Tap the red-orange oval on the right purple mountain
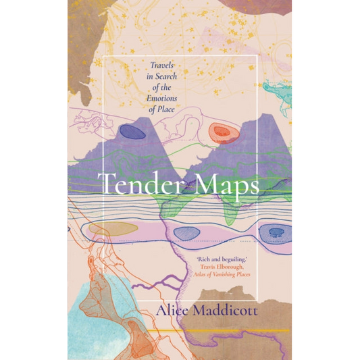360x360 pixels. [x=220, y=133]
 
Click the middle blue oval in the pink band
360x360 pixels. [x=186, y=233]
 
